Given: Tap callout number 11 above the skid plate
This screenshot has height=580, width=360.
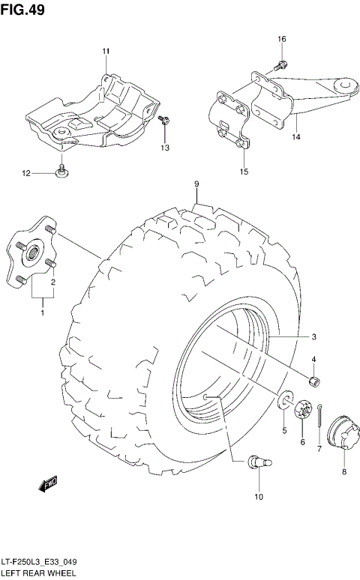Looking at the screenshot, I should [106, 51].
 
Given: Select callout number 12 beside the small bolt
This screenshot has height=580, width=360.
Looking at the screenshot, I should [25, 173].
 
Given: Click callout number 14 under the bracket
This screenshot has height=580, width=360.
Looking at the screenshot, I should [295, 137].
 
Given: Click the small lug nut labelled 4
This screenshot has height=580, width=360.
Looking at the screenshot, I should [316, 383].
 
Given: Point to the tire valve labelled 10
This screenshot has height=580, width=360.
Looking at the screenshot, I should [258, 465].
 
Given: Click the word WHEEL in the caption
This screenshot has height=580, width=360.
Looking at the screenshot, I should [65, 573].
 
